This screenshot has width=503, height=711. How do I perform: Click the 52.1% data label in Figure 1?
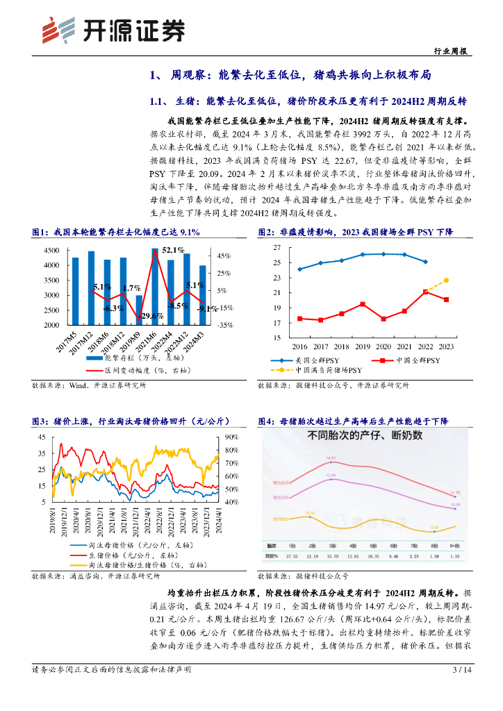pyautogui.click(x=173, y=250)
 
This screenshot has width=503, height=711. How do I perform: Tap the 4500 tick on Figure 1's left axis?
pyautogui.click(x=51, y=250)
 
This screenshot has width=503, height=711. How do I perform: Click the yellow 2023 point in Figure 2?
pyautogui.click(x=446, y=280)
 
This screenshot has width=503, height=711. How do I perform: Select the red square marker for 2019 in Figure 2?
pyautogui.click(x=362, y=304)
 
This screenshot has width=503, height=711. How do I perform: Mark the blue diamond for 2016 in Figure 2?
pyautogui.click(x=299, y=269)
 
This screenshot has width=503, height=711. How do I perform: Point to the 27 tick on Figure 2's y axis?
pyautogui.click(x=277, y=248)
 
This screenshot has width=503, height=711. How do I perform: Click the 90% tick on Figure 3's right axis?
pyautogui.click(x=231, y=437)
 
